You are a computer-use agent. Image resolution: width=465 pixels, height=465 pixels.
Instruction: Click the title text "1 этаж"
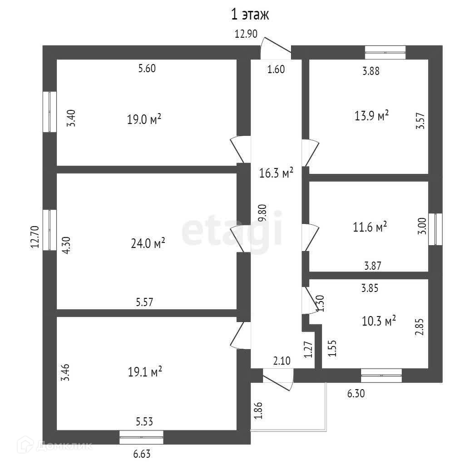[x=250, y=15]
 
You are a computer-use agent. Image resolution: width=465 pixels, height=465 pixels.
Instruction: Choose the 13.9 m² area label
[x=371, y=116]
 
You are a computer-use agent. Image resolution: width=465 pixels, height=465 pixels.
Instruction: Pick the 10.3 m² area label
[x=379, y=322]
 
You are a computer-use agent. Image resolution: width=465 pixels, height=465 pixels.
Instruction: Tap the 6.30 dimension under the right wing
[x=356, y=394]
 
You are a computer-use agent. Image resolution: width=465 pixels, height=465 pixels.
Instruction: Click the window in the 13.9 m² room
[x=386, y=52]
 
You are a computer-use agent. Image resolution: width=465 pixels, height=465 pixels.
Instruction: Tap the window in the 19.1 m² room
[x=141, y=437]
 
